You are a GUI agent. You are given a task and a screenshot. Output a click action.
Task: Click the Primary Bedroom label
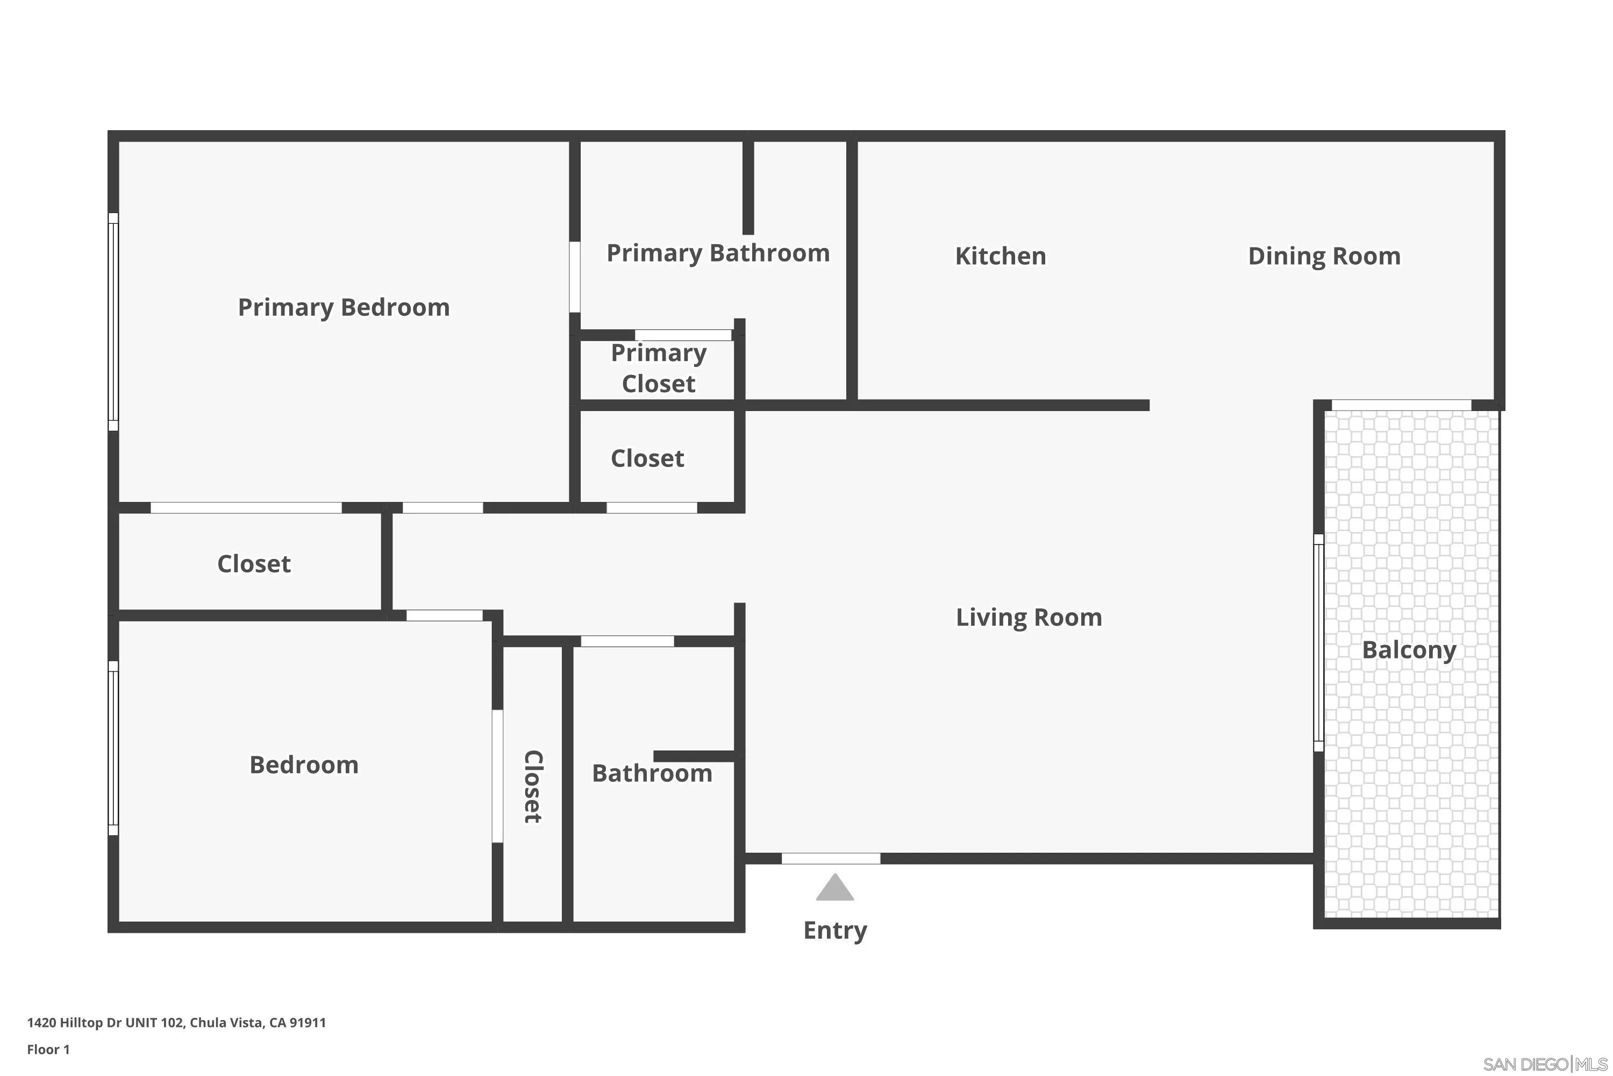click(344, 307)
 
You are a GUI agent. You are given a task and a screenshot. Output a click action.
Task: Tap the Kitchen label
click(1001, 256)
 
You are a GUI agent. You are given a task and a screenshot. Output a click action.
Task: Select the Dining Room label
click(1324, 256)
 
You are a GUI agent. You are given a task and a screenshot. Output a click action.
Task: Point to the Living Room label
click(1029, 618)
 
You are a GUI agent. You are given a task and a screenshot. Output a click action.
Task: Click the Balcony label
click(1409, 650)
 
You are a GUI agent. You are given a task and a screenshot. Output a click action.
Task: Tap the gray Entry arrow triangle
click(834, 889)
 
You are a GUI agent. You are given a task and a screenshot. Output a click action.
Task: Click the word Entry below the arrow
click(834, 931)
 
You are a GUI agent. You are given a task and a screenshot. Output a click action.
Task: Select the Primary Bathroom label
click(718, 253)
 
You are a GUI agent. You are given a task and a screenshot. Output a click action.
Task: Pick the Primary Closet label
click(658, 368)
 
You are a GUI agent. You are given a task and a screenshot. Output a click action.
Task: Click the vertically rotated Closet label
click(533, 787)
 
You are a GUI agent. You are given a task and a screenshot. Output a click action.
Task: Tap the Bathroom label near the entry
click(652, 774)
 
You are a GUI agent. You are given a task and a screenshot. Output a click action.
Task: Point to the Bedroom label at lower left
click(304, 765)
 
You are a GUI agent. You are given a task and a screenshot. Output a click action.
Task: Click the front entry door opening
click(831, 859)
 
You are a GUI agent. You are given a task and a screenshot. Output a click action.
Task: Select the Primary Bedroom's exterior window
click(113, 322)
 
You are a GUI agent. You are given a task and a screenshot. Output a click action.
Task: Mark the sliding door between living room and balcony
click(1318, 642)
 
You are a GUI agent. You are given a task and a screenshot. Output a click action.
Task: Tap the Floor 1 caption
click(48, 1049)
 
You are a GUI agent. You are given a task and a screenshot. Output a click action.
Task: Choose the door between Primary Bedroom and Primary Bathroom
click(575, 277)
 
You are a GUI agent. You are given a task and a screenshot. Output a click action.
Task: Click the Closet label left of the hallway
click(254, 564)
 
